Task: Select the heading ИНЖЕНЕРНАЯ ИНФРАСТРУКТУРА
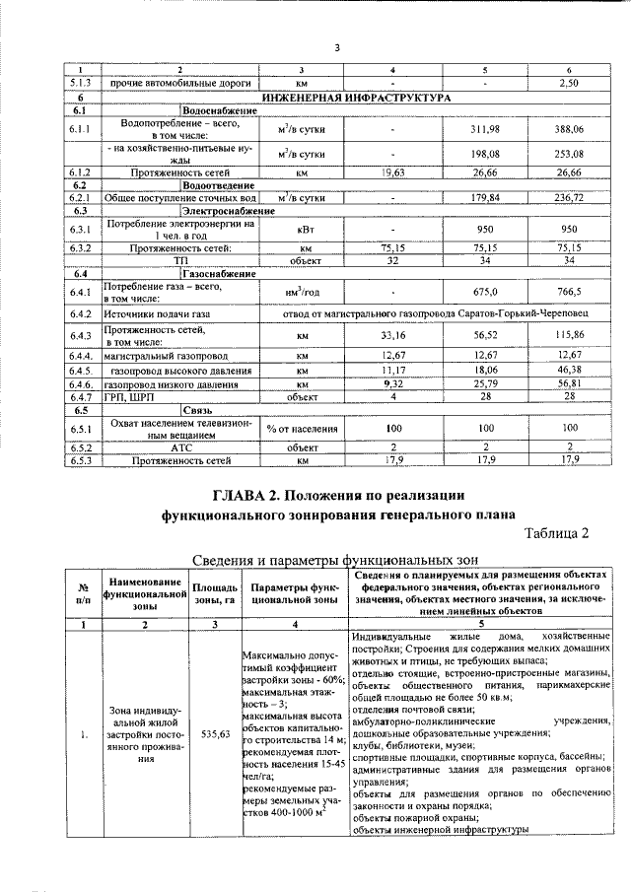pyautogui.click(x=355, y=99)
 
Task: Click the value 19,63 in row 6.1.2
pyautogui.click(x=393, y=172)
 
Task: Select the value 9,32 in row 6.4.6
pyautogui.click(x=393, y=382)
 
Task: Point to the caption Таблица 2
pyautogui.click(x=556, y=533)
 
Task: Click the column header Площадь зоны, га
pyautogui.click(x=215, y=593)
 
